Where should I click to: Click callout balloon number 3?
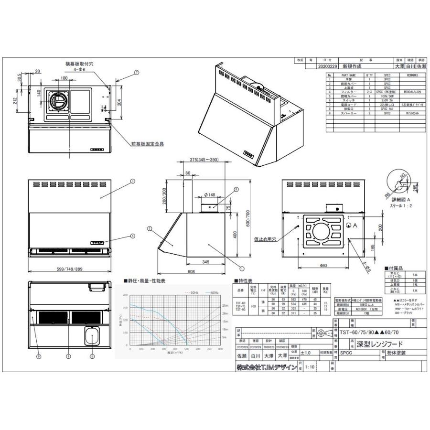pos(132,181)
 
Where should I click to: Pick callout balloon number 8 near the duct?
pos(222,190)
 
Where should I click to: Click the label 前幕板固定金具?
pos(147,143)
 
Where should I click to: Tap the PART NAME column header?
pos(349,75)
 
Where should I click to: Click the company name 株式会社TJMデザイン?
pos(266,367)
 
